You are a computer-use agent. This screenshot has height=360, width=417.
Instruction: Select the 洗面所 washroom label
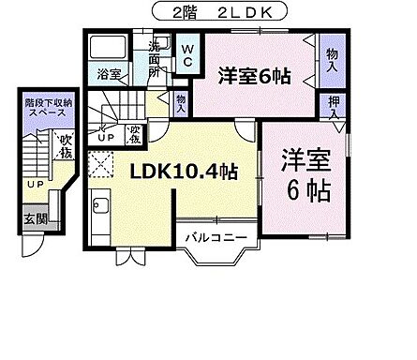[x=152, y=58]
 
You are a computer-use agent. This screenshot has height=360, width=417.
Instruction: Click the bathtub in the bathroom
[x=110, y=47]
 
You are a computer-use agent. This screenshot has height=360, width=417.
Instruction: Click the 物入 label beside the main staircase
[x=181, y=98]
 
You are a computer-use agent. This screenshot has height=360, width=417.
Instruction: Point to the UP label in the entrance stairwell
[x=33, y=185]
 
